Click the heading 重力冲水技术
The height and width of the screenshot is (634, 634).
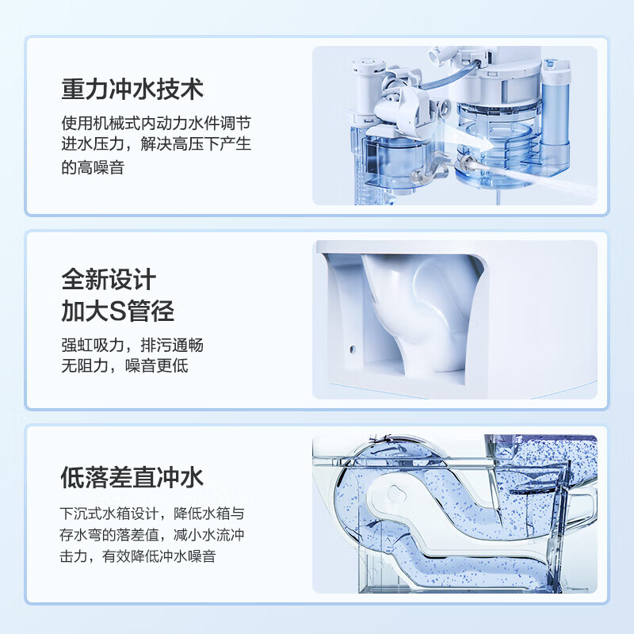tap(132, 88)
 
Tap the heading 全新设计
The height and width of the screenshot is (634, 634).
tap(109, 279)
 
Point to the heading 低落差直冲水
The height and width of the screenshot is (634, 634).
tap(132, 477)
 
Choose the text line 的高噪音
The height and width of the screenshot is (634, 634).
tap(93, 168)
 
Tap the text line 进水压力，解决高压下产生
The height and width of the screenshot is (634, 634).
tap(156, 146)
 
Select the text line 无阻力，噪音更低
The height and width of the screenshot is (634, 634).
tap(124, 366)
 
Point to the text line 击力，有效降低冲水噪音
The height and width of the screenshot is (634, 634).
tap(138, 556)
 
